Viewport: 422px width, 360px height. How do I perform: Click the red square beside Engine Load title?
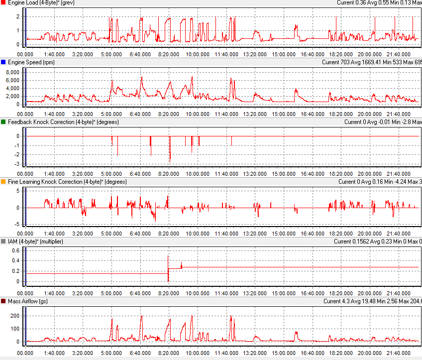click(3, 2)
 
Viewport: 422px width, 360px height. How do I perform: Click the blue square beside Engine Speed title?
click(3, 62)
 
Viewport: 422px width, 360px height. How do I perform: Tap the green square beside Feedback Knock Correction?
click(3, 122)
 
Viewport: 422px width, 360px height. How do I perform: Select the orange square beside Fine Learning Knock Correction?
click(3, 182)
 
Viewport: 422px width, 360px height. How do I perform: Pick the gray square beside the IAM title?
click(3, 241)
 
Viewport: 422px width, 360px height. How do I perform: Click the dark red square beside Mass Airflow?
click(3, 301)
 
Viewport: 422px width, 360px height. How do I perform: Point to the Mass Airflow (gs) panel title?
click(29, 301)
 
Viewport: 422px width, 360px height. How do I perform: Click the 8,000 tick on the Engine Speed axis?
click(11, 72)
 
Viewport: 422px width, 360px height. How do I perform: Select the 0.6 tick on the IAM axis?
click(15, 250)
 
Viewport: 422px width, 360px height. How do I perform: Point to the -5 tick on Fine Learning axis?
click(16, 224)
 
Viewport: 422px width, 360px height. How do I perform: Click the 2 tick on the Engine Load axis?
click(18, 16)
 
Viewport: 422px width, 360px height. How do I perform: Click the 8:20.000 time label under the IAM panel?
click(169, 293)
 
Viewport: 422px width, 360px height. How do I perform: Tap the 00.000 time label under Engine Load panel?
click(25, 54)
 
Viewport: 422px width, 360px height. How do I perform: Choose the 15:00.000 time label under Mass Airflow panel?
click(284, 353)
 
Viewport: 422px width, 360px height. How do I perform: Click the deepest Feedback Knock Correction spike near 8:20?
click(170, 160)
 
